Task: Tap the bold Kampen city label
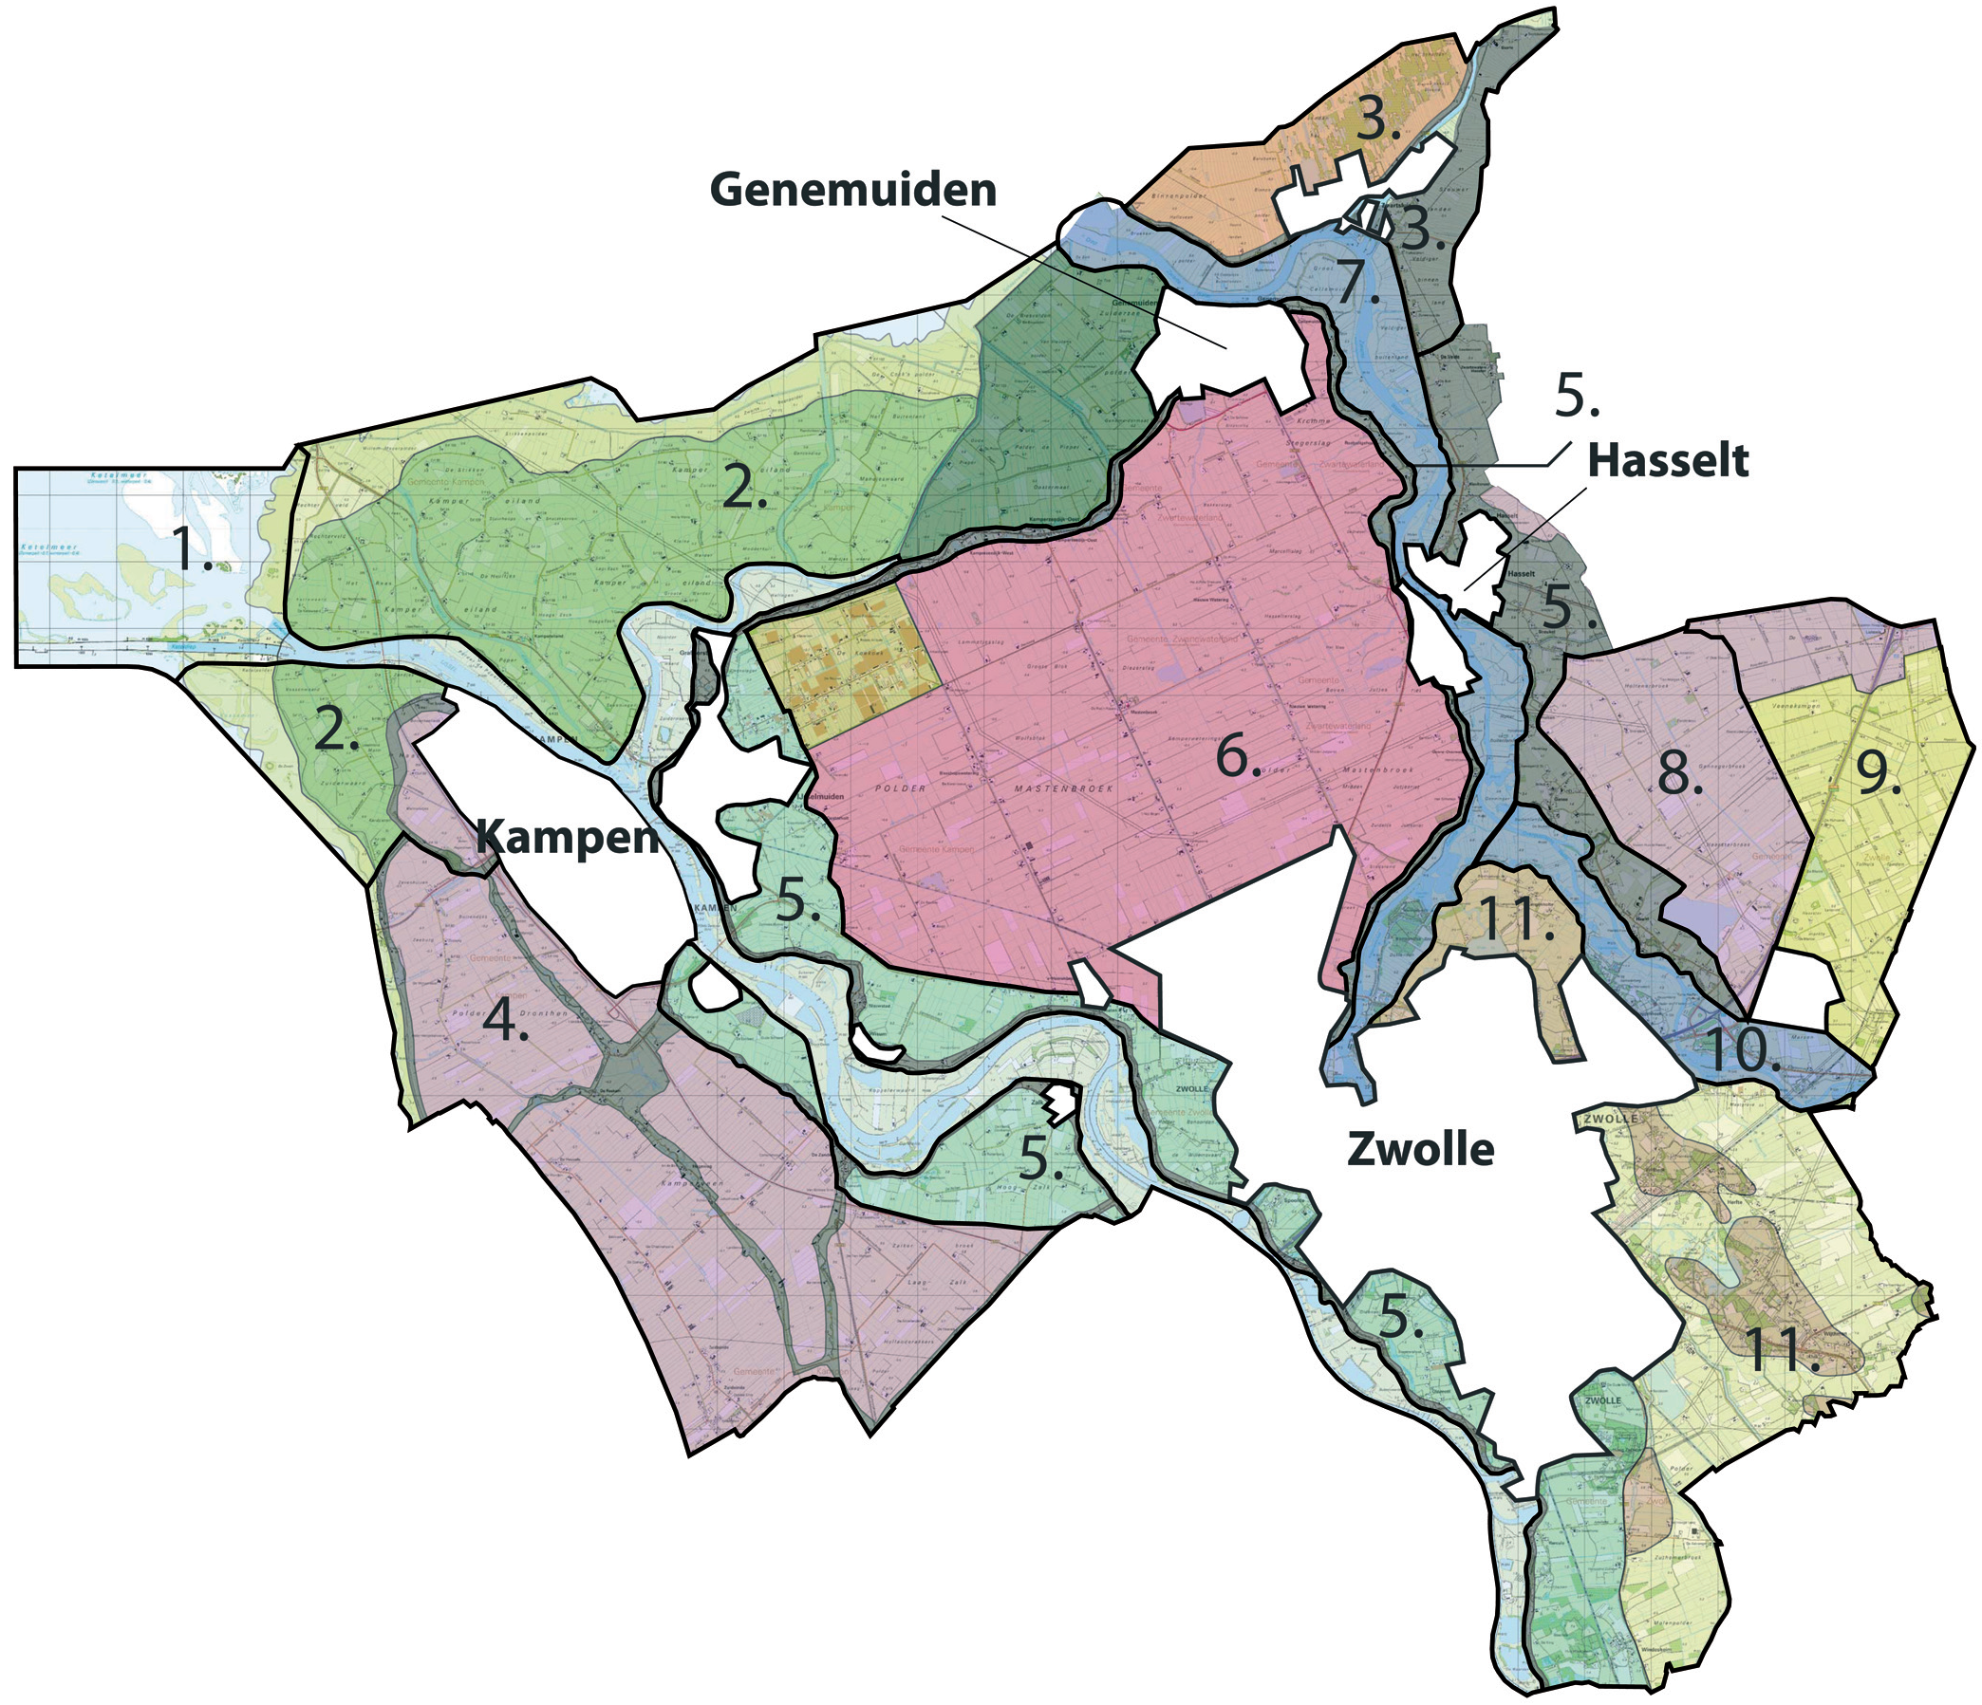point(568,839)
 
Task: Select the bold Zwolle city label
point(1419,1148)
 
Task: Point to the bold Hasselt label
point(1667,461)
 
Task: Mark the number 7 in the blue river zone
point(1358,282)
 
